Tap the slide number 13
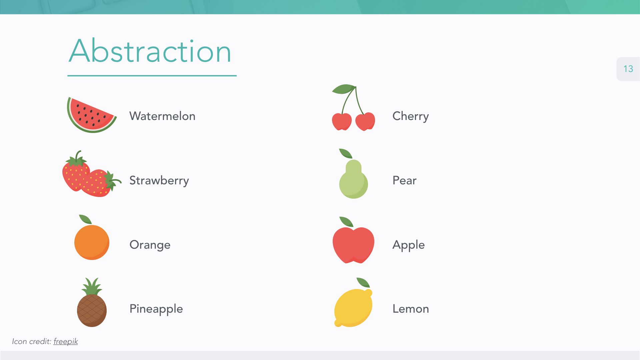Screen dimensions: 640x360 tap(628, 69)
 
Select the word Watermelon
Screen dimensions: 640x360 tap(162, 116)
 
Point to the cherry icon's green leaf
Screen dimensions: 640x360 tap(343, 89)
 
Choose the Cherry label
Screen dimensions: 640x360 tap(411, 116)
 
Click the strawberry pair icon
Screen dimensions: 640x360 tap(92, 174)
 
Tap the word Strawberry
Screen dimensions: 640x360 tap(159, 181)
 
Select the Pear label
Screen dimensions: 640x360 tap(404, 180)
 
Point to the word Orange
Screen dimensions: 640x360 tap(150, 245)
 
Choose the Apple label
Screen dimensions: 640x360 tap(409, 245)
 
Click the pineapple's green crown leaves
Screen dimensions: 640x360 tap(92, 286)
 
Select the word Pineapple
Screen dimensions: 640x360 tap(156, 309)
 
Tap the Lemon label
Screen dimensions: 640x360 tap(411, 309)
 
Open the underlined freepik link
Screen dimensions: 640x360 tap(66, 341)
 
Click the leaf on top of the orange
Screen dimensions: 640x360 tap(85, 219)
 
